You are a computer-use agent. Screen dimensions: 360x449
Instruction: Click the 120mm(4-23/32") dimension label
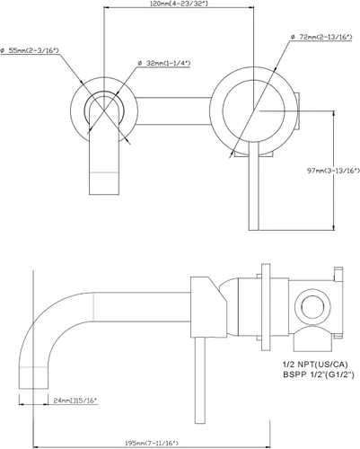coord(180,4)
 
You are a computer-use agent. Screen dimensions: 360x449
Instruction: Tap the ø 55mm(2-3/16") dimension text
coord(30,50)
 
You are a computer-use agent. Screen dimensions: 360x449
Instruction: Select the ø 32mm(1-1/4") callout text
coord(164,63)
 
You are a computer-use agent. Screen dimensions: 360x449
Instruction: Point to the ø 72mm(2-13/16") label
coord(321,37)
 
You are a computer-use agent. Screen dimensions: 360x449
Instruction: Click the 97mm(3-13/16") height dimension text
coord(333,171)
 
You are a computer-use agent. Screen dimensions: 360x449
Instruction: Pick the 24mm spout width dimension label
coord(75,401)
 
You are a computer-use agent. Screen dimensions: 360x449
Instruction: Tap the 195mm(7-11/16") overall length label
coord(152,443)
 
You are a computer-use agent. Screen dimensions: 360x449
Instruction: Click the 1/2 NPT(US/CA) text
coord(315,365)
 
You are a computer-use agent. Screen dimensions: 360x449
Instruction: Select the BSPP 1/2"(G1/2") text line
coord(319,374)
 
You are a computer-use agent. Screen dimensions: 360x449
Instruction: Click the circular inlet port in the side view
coord(312,307)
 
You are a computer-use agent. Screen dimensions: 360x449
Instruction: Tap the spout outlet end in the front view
coord(104,183)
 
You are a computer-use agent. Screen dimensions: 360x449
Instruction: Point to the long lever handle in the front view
coord(253,186)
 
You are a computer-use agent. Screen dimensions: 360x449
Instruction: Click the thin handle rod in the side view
coord(200,381)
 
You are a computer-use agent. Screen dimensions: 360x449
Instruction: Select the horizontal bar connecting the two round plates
coord(173,110)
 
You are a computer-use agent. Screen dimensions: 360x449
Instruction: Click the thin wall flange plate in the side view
coord(266,307)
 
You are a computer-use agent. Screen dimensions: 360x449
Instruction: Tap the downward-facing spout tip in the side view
coord(33,378)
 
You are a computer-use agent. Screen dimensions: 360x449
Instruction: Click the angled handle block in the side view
coord(208,307)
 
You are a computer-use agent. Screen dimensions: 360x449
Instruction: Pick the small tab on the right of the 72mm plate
coord(297,111)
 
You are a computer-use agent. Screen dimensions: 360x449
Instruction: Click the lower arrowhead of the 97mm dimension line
coord(333,227)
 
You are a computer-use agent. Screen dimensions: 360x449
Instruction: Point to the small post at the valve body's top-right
coord(338,274)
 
